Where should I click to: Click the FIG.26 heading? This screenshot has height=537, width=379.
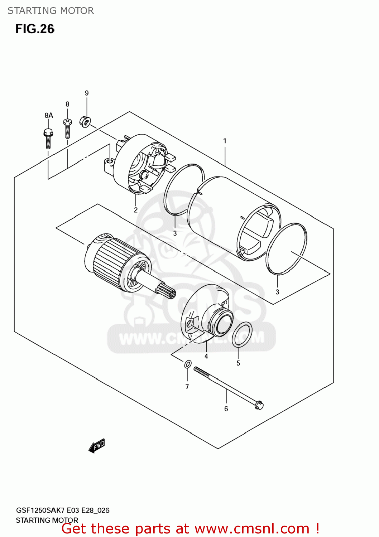tap(35, 29)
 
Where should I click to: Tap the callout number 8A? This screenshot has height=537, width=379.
tap(49, 115)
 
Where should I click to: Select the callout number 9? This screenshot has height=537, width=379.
tap(87, 93)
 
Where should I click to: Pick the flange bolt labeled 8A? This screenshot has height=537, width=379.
tap(48, 138)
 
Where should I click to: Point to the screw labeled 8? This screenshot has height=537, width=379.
tap(67, 129)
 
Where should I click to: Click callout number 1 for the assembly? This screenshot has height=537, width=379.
tap(225, 141)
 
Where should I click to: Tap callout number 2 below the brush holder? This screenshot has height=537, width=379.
tap(136, 210)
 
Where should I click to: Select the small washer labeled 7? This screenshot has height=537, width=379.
tap(188, 365)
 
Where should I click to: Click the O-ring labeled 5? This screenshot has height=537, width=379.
tap(242, 334)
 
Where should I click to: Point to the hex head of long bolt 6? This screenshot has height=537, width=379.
tap(259, 405)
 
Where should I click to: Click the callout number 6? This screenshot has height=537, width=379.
tap(226, 409)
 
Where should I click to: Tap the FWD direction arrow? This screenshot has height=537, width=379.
tap(97, 446)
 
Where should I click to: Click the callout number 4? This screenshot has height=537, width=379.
tap(206, 356)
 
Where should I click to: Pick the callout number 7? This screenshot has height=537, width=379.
tap(187, 387)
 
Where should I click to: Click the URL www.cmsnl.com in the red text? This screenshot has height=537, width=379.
tap(252, 529)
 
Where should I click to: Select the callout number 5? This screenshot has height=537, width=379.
tap(238, 363)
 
